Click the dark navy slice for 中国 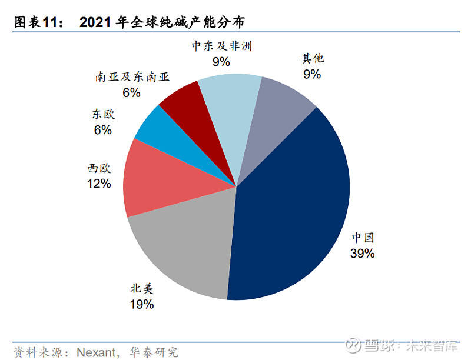(288, 206)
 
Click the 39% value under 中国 (362, 254)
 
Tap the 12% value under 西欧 (98, 184)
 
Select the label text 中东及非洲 (221, 45)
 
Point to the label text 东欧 (102, 115)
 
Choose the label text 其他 (313, 58)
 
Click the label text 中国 (363, 238)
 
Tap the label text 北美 (141, 288)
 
